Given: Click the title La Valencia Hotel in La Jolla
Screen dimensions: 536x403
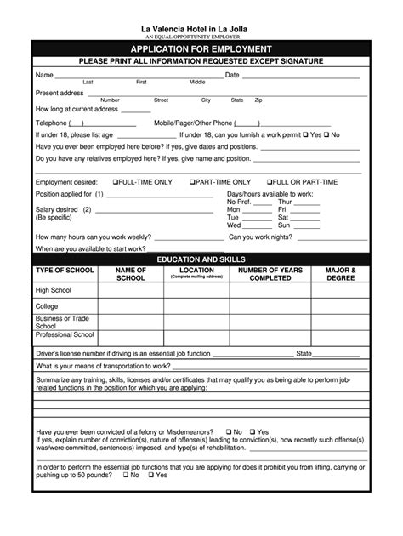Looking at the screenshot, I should click(201, 28).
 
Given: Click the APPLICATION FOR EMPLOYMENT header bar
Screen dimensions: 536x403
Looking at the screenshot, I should click(201, 49).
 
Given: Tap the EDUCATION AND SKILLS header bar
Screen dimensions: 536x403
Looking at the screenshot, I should click(201, 258).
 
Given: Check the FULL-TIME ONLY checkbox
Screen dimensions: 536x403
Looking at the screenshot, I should click(116, 182).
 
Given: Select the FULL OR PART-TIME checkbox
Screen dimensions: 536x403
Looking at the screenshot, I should click(270, 182).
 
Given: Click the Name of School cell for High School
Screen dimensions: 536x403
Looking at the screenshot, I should click(130, 289).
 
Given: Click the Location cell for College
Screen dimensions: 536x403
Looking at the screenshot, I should click(196, 306).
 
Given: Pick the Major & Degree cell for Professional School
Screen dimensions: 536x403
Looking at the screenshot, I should click(340, 335).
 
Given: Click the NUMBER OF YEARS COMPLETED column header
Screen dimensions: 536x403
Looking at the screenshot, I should click(270, 274).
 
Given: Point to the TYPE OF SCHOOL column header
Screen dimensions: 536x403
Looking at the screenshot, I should click(65, 271).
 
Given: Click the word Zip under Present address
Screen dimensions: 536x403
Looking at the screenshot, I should click(258, 100).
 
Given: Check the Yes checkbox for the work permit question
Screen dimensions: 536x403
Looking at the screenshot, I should click(305, 134).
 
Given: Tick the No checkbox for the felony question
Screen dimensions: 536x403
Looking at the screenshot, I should click(227, 431).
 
